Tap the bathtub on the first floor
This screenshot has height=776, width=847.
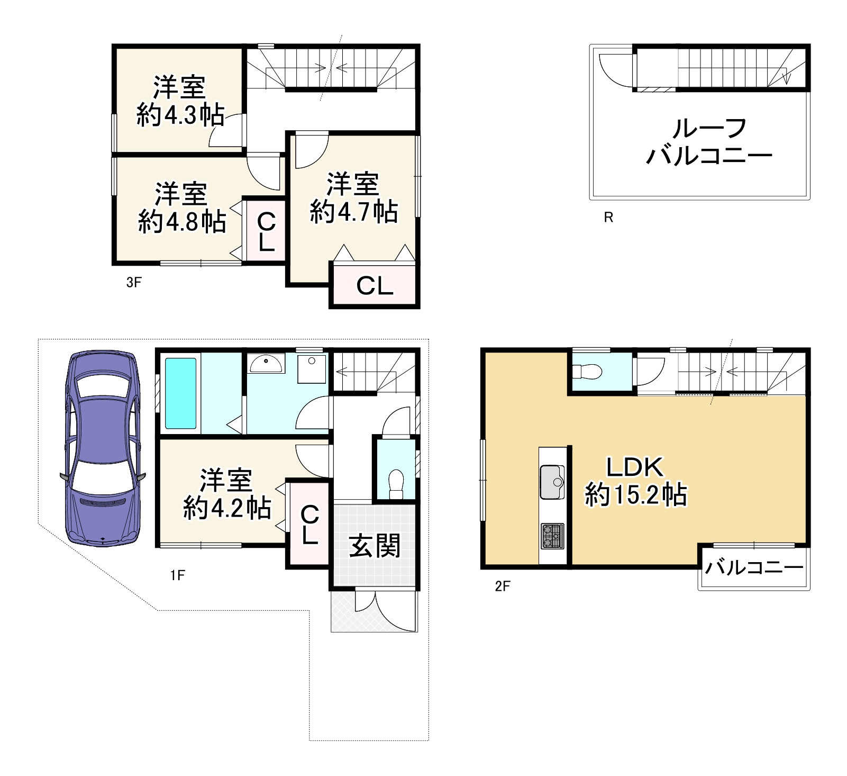[180, 393]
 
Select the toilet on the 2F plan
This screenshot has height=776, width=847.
[587, 372]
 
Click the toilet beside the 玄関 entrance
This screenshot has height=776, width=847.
[396, 483]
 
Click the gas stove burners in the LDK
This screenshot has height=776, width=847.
[552, 536]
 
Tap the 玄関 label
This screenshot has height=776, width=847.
[375, 546]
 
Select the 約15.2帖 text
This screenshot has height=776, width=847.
[635, 495]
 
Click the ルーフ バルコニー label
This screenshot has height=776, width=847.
[709, 142]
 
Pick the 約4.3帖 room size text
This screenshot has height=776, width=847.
[180, 115]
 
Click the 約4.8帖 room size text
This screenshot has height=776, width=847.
[182, 221]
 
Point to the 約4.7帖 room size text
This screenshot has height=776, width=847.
[353, 212]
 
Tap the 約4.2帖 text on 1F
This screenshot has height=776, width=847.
[227, 508]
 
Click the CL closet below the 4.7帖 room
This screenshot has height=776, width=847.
[375, 286]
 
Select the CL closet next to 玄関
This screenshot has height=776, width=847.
[309, 525]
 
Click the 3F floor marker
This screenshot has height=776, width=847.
[134, 282]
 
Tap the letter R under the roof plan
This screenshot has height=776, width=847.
[608, 217]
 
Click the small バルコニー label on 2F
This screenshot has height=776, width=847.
[754, 568]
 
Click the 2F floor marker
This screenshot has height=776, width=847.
[502, 586]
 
